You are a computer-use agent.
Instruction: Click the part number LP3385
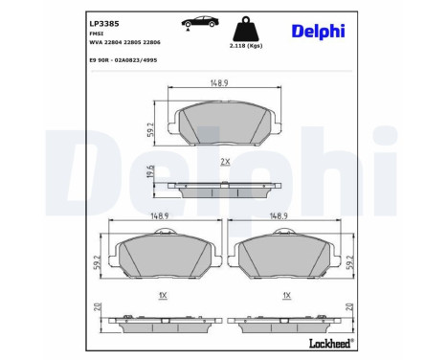click(103, 20)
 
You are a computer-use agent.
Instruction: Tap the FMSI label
click(97, 32)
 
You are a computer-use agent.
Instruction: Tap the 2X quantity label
click(225, 162)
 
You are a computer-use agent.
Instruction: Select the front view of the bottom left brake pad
click(164, 257)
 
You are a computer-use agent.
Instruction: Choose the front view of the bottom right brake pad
click(282, 257)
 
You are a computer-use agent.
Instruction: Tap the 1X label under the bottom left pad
click(164, 294)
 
